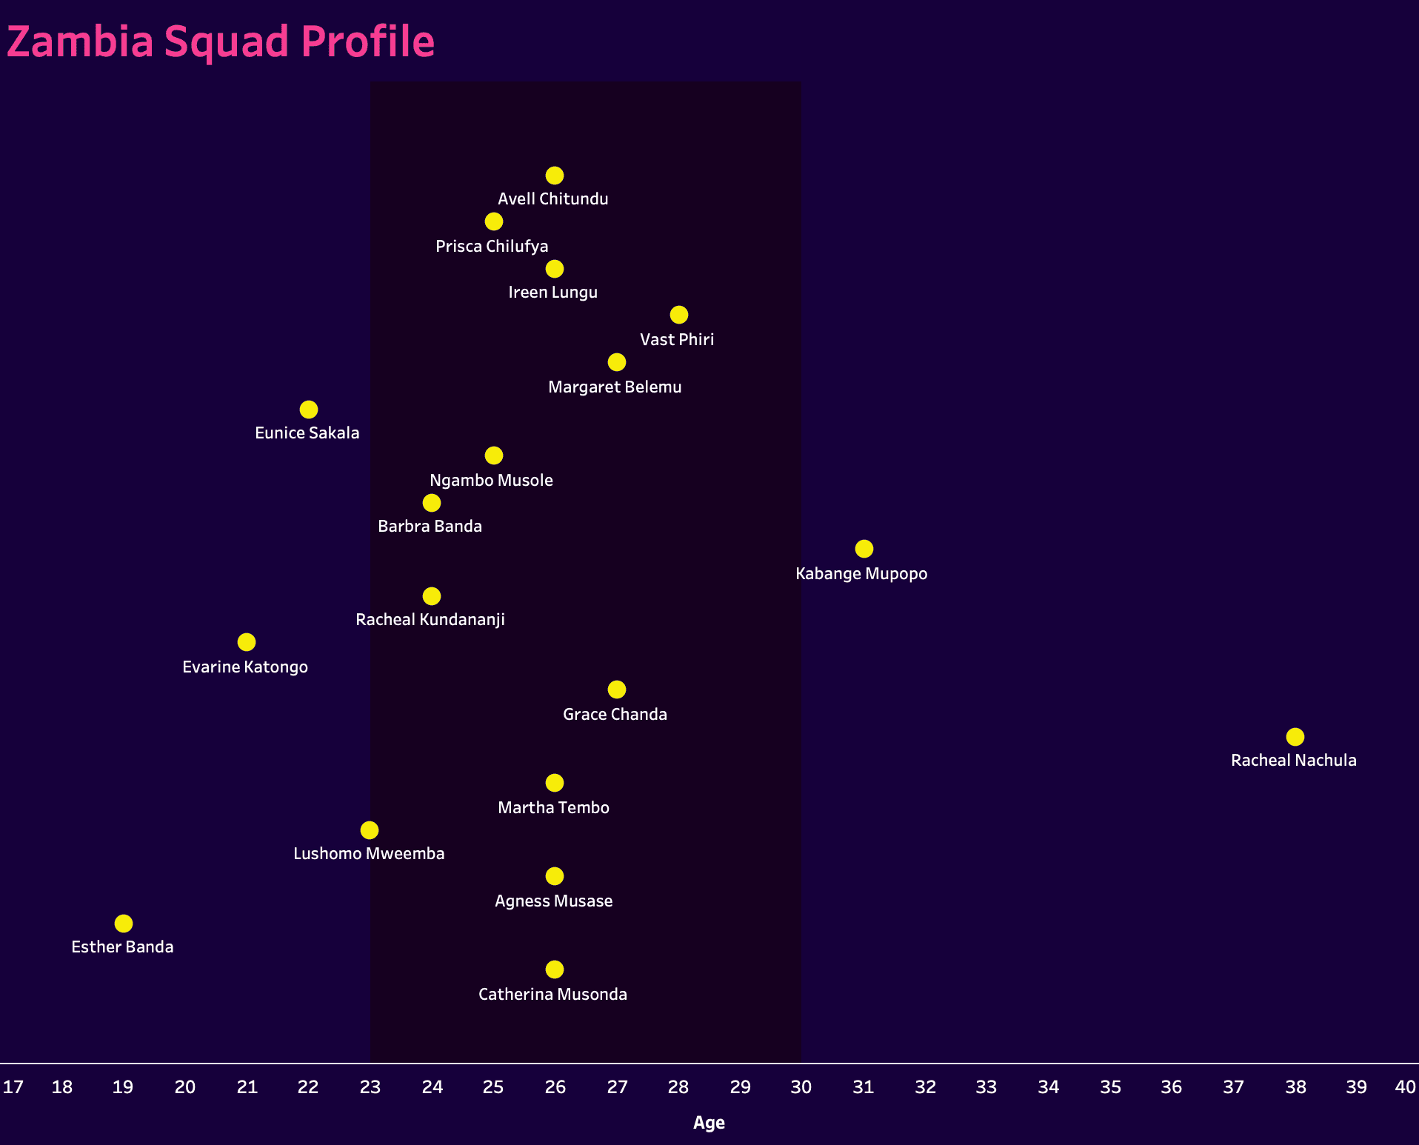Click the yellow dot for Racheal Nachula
[x=1295, y=737]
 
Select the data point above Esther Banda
[x=124, y=924]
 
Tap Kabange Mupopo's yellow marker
[x=864, y=549]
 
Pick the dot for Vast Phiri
[x=678, y=315]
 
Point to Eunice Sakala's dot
[x=309, y=410]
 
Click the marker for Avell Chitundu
[x=555, y=176]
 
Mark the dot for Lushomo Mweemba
[x=370, y=830]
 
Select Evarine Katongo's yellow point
[x=247, y=642]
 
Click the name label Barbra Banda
[x=430, y=527]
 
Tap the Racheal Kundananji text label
[x=430, y=620]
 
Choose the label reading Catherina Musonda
[x=552, y=995]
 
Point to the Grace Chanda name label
[x=615, y=715]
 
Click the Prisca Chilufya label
[x=492, y=247]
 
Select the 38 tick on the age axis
[x=1295, y=1087]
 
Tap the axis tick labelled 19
[x=123, y=1087]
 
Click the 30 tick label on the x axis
[x=801, y=1087]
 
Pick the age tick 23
[x=370, y=1087]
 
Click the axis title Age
[x=709, y=1123]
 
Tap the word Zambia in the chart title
[x=80, y=41]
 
